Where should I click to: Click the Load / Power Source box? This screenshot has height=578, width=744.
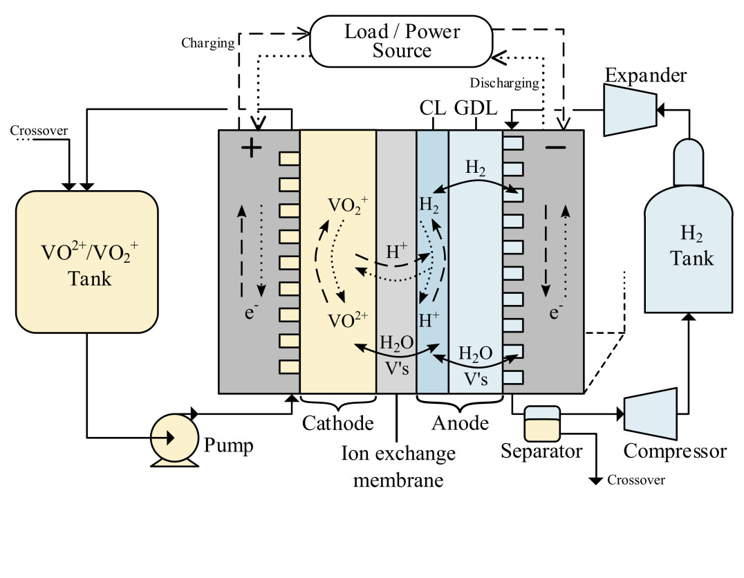[x=401, y=42]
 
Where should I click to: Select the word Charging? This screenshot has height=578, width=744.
[x=208, y=44]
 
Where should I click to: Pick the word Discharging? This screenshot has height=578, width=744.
[x=504, y=84]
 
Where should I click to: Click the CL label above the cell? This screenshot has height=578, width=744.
[x=432, y=109]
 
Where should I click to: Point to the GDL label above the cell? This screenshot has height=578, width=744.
[x=476, y=109]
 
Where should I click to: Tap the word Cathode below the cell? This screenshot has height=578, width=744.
[x=337, y=422]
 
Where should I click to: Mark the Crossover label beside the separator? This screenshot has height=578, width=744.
[x=635, y=481]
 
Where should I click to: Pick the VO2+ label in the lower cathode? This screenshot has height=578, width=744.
[x=347, y=319]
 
